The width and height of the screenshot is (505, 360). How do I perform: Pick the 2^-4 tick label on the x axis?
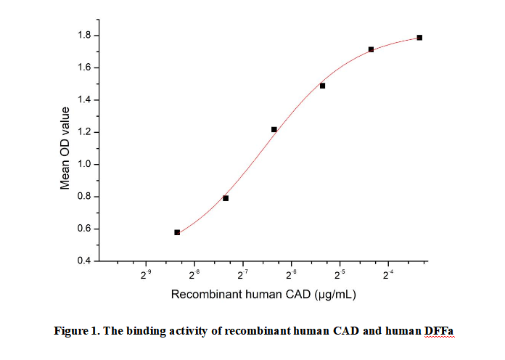click(x=387, y=275)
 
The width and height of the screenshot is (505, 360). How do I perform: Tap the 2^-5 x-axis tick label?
click(x=339, y=275)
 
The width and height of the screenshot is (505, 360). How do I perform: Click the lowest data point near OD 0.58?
click(x=177, y=232)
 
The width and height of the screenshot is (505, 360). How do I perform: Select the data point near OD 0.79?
click(x=226, y=198)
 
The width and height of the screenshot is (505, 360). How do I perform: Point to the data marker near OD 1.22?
click(x=274, y=129)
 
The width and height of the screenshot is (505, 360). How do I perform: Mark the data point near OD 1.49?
click(x=322, y=86)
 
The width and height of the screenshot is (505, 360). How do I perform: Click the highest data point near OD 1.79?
click(x=419, y=38)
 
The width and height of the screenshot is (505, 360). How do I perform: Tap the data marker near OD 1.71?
click(x=371, y=49)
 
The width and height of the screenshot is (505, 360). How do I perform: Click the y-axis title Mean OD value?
click(x=65, y=148)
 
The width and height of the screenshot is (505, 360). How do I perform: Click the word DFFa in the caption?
click(x=440, y=332)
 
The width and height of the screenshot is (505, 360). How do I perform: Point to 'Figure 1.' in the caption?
click(x=76, y=332)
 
